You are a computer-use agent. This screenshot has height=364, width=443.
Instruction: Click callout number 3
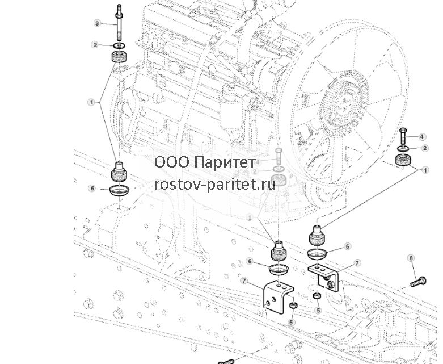tap(97, 23)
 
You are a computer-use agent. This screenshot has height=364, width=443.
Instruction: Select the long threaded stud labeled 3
tap(119, 23)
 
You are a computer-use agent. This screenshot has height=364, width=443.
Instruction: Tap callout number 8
tap(411, 258)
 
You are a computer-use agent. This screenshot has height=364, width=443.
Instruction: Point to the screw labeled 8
tap(418, 282)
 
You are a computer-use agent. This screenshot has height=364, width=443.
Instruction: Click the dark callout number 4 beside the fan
tap(422, 137)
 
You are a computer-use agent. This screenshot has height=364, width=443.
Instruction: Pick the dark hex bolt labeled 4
tap(403, 136)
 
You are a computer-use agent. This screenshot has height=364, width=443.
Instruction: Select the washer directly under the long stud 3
tap(119, 45)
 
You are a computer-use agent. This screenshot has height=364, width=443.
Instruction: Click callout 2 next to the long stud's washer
tap(95, 45)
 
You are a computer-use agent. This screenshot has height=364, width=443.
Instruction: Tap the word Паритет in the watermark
tap(225, 162)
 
